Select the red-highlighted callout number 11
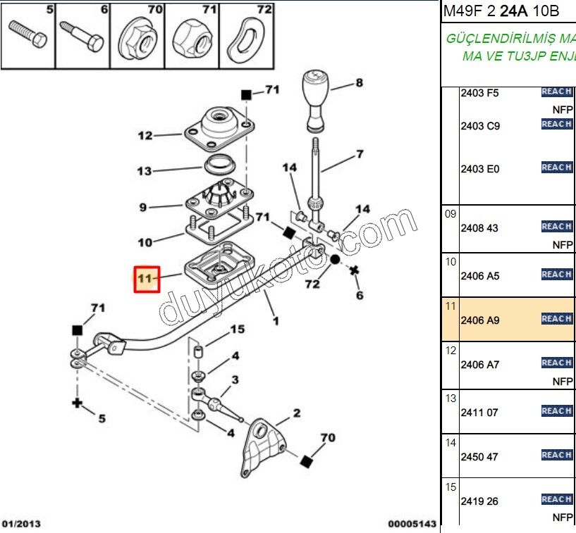146,279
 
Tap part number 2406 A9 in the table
479,320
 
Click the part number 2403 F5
479,92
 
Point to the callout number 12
145,135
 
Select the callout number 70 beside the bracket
327,438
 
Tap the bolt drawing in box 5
28,32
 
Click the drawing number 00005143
412,523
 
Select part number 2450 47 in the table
479,457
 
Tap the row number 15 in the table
451,487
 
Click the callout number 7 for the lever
359,154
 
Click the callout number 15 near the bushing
237,329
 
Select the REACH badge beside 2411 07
556,410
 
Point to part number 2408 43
479,228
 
